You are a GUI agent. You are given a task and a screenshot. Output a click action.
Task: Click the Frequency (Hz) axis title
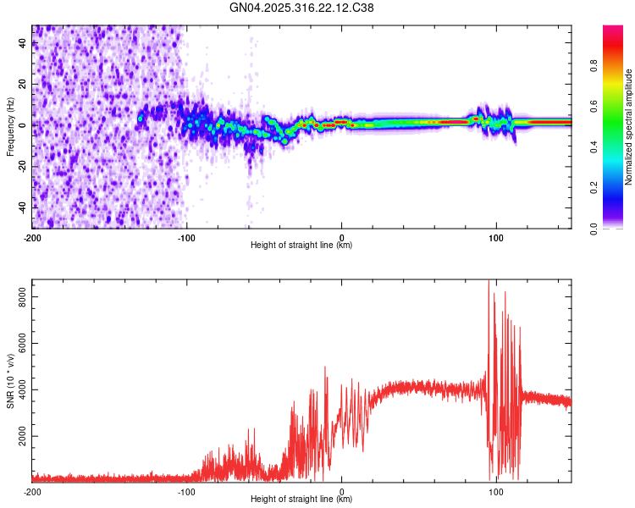pyautogui.click(x=10, y=127)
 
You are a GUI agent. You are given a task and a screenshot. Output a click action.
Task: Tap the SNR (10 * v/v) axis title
pyautogui.click(x=10, y=380)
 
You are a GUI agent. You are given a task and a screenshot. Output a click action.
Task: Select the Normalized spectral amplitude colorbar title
pyautogui.click(x=629, y=127)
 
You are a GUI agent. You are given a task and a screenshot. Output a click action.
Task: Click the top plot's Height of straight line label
pyautogui.click(x=301, y=246)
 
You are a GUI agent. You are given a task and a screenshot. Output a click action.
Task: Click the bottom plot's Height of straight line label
pyautogui.click(x=301, y=500)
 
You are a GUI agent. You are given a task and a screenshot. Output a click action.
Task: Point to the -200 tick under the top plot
pyautogui.click(x=32, y=237)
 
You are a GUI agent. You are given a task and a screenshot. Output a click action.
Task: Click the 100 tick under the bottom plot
pyautogui.click(x=497, y=491)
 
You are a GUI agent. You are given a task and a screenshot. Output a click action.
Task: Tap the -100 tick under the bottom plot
pyautogui.click(x=187, y=491)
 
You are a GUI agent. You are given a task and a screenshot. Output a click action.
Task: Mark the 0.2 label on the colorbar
pyautogui.click(x=619, y=188)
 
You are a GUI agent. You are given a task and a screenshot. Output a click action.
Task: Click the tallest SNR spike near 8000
pyautogui.click(x=489, y=282)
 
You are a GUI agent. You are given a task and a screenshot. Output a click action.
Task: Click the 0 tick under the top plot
pyautogui.click(x=342, y=237)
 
